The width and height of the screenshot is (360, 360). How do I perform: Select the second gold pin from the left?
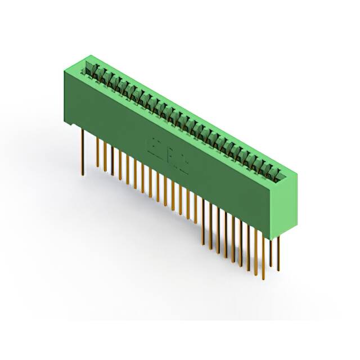pyautogui.click(x=97, y=152)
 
